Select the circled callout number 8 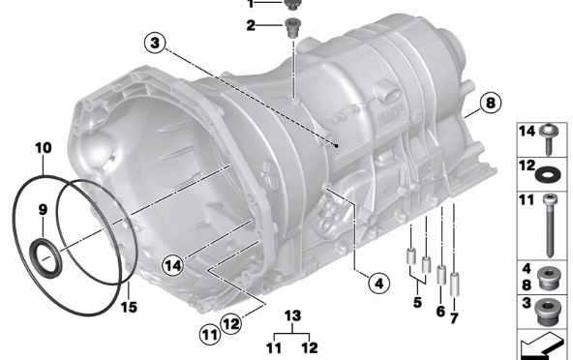[x=489, y=102]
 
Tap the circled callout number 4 [x=377, y=283]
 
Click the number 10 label [x=43, y=148]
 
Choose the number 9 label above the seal [x=43, y=210]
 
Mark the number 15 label [x=128, y=308]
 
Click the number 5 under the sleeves [x=416, y=302]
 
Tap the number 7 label [x=455, y=316]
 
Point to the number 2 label [x=250, y=26]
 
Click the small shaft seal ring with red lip [x=45, y=256]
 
